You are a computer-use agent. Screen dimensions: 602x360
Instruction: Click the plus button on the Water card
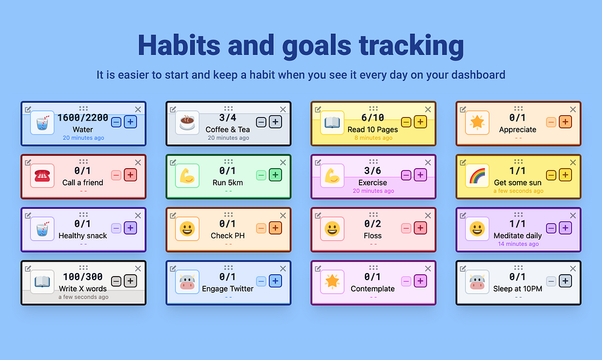point(130,122)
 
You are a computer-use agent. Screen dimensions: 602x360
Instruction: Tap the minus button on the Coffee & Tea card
point(261,122)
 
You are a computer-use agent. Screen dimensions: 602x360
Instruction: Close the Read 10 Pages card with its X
point(428,109)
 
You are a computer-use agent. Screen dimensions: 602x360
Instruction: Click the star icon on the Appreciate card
point(477,122)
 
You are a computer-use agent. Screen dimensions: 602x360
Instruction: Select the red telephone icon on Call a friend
point(42,175)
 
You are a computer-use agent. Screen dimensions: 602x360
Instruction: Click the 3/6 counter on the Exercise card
point(372,170)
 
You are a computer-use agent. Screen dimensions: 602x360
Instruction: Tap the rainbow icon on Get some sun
point(477,175)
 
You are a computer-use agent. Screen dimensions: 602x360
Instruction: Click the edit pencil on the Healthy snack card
point(28,215)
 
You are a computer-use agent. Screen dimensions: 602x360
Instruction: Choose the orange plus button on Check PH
point(275,228)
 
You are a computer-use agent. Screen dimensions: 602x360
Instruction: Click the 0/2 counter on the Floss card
point(372,223)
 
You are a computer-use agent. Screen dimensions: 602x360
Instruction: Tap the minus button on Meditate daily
point(551,229)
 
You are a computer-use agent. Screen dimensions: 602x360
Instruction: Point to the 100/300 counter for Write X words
point(83,277)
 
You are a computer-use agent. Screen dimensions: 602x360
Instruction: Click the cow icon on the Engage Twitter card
point(187,282)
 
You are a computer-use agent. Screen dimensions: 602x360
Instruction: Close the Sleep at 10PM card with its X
point(573,269)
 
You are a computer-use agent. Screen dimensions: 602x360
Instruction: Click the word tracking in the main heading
point(411,45)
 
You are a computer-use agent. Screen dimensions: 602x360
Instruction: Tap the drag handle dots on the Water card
point(83,108)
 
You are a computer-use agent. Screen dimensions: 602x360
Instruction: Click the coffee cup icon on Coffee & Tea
point(187,122)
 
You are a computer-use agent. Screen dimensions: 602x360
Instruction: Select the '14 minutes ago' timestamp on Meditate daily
point(519,244)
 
